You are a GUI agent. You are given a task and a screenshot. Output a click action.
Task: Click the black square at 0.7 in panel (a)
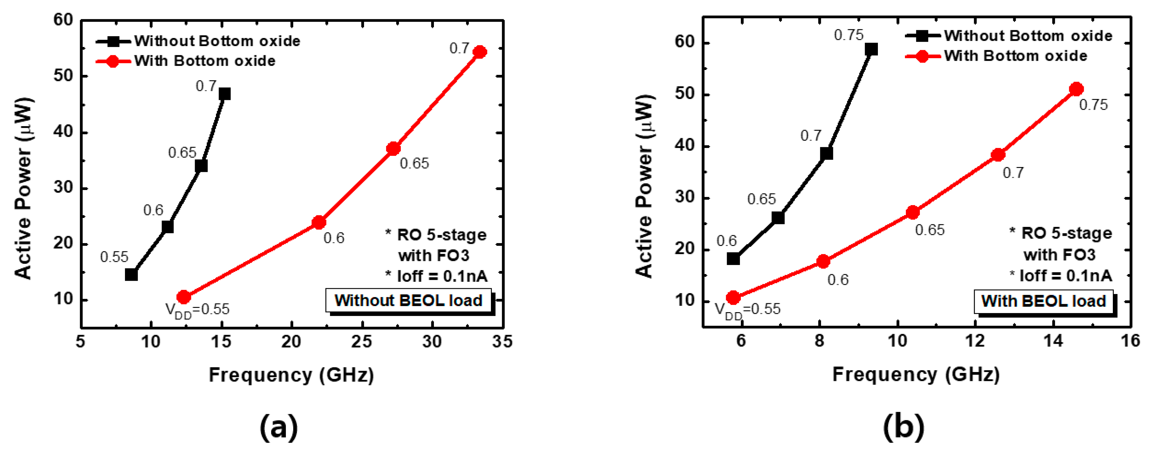pos(225,94)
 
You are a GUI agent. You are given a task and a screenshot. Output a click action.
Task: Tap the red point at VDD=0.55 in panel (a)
pos(184,297)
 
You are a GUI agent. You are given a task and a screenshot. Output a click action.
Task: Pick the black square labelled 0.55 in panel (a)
pos(131,274)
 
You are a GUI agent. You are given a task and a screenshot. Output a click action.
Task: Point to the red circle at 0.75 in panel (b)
pos(1077,89)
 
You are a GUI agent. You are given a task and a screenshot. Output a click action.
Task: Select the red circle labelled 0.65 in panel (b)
pos(913,213)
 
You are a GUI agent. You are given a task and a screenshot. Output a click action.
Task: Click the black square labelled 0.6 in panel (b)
pos(733,259)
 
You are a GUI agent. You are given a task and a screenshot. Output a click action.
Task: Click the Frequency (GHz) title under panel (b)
pos(916,374)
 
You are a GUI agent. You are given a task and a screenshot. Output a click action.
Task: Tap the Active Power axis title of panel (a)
pos(23,188)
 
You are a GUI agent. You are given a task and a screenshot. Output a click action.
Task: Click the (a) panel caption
pos(279,427)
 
